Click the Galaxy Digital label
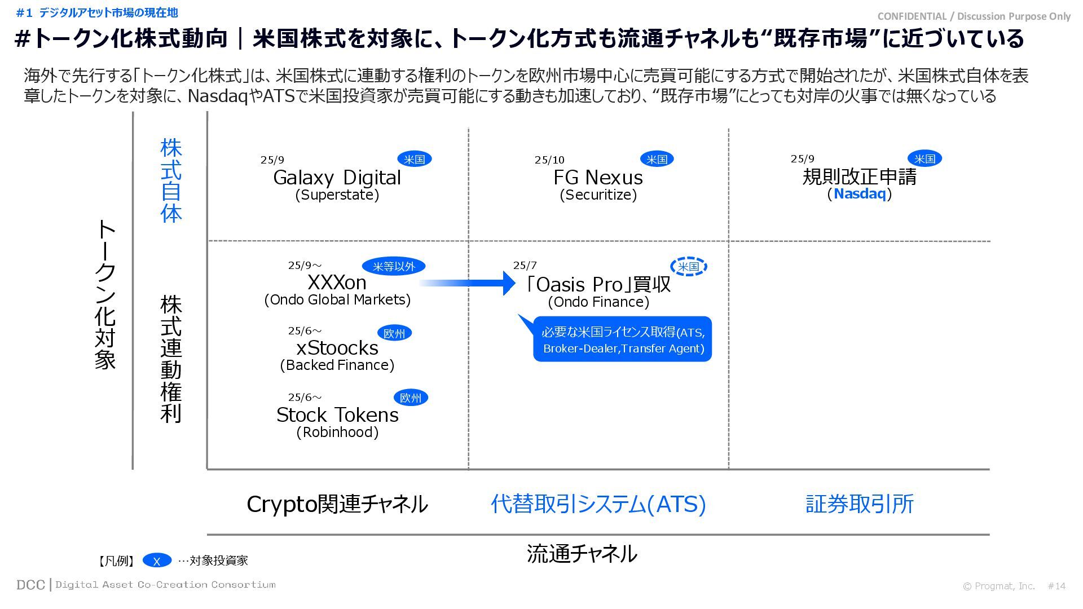coord(337,178)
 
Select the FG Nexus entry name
coord(598,178)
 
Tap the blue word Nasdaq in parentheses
coord(860,194)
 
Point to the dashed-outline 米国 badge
coord(688,267)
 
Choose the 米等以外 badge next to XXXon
coord(394,266)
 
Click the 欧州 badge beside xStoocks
coord(394,333)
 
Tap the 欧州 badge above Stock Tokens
coord(410,398)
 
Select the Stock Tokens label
coord(337,415)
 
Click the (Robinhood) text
coord(337,433)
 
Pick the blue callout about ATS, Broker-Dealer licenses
coord(623,339)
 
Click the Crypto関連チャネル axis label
coord(337,504)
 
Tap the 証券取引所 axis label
coord(859,504)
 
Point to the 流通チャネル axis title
coord(582,554)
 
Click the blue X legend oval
coord(157,561)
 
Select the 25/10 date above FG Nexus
coord(549,160)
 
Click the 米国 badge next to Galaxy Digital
coord(415,160)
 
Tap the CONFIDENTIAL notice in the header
coord(974,16)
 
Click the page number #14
coord(1056,586)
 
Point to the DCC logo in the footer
coord(30,585)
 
